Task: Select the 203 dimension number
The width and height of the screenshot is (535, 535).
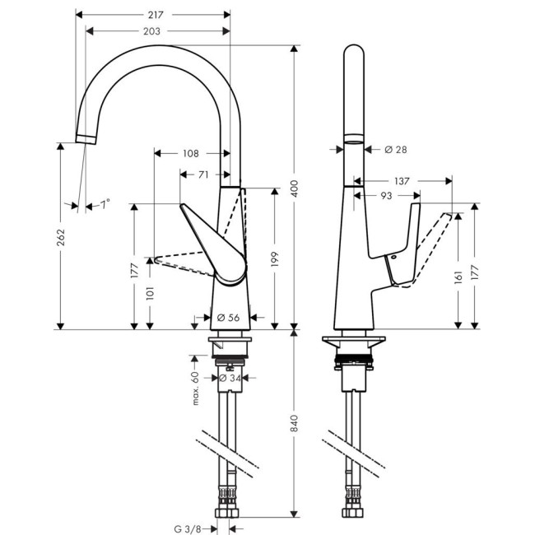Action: tap(151, 30)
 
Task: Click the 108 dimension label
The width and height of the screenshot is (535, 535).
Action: tap(190, 153)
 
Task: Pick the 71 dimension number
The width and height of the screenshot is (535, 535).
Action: tap(202, 174)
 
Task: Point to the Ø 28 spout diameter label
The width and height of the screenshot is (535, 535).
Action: tap(396, 149)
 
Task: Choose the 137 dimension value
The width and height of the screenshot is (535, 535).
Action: tap(402, 180)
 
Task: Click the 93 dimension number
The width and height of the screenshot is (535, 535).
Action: tap(384, 196)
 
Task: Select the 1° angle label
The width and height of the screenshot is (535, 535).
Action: tap(105, 203)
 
